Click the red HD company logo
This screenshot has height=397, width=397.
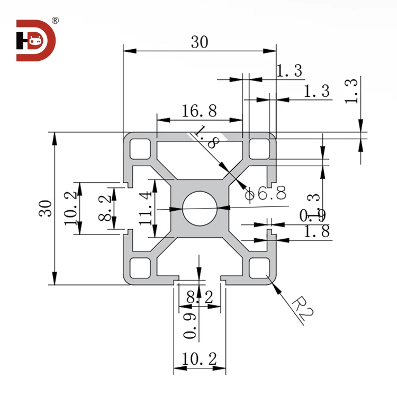35,40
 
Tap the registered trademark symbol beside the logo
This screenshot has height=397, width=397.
56,21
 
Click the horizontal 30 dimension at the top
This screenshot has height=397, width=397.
200,42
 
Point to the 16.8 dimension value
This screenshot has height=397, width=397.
199,111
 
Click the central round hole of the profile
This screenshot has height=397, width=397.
200,208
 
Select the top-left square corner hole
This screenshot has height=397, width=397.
141,148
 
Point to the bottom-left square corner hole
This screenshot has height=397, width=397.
141,267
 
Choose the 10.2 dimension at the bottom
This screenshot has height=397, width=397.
200,359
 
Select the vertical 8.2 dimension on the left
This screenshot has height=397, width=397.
106,208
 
